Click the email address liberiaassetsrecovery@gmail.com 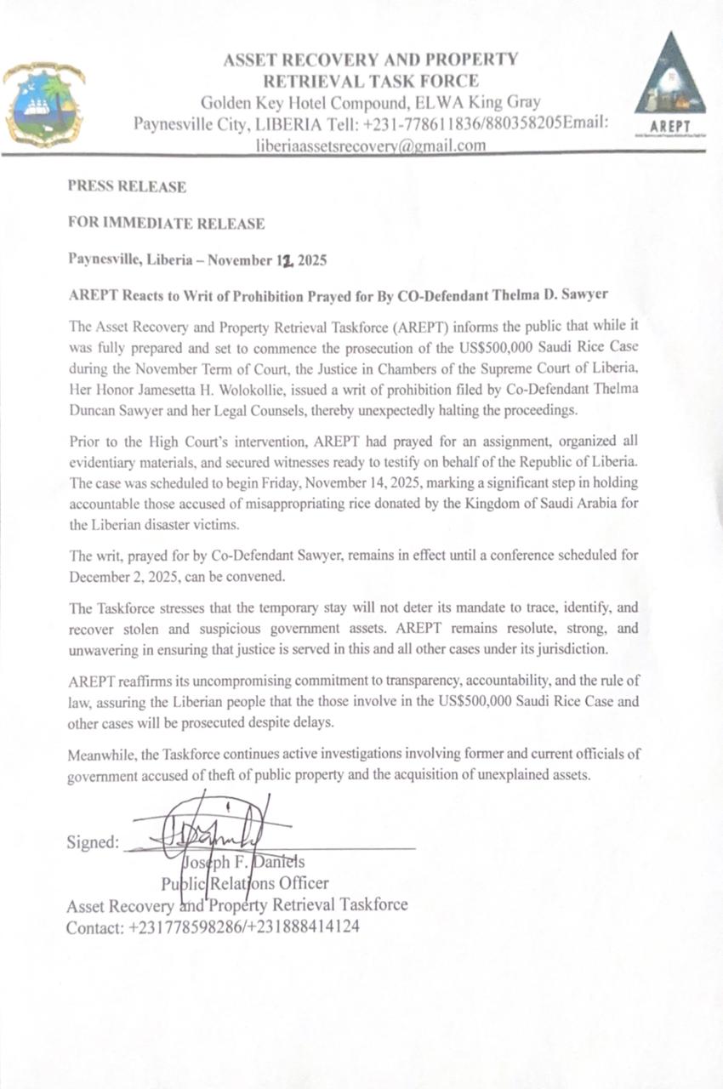point(371,145)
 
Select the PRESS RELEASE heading point(127,187)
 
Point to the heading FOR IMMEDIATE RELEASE point(166,224)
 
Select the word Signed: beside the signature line point(93,842)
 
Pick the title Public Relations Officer point(245,883)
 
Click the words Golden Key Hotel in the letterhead point(267,103)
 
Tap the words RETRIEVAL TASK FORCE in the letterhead point(370,82)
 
